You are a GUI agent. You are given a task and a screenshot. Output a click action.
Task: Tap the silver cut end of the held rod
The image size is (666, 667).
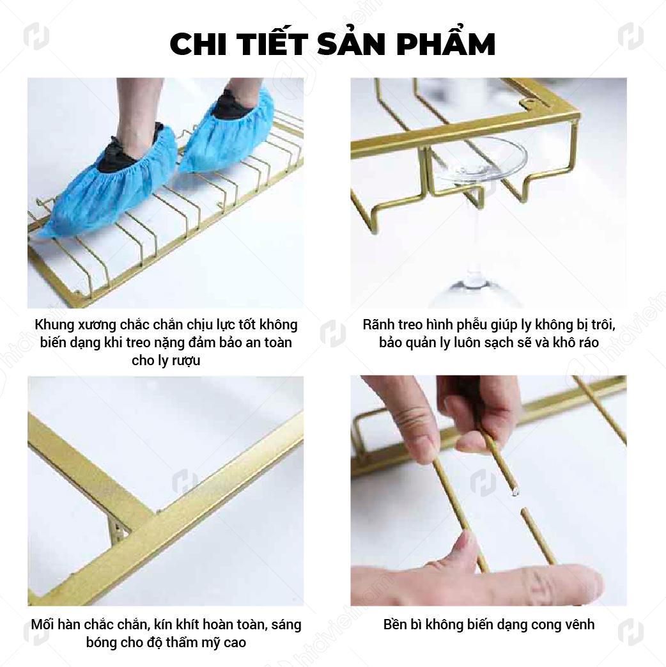click(x=515, y=493)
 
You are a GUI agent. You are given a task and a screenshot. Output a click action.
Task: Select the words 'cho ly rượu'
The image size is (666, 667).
click(x=166, y=360)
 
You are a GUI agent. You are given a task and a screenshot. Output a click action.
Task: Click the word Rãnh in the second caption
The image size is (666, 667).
click(x=378, y=325)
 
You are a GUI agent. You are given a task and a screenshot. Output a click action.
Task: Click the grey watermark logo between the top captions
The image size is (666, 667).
click(x=333, y=333)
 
